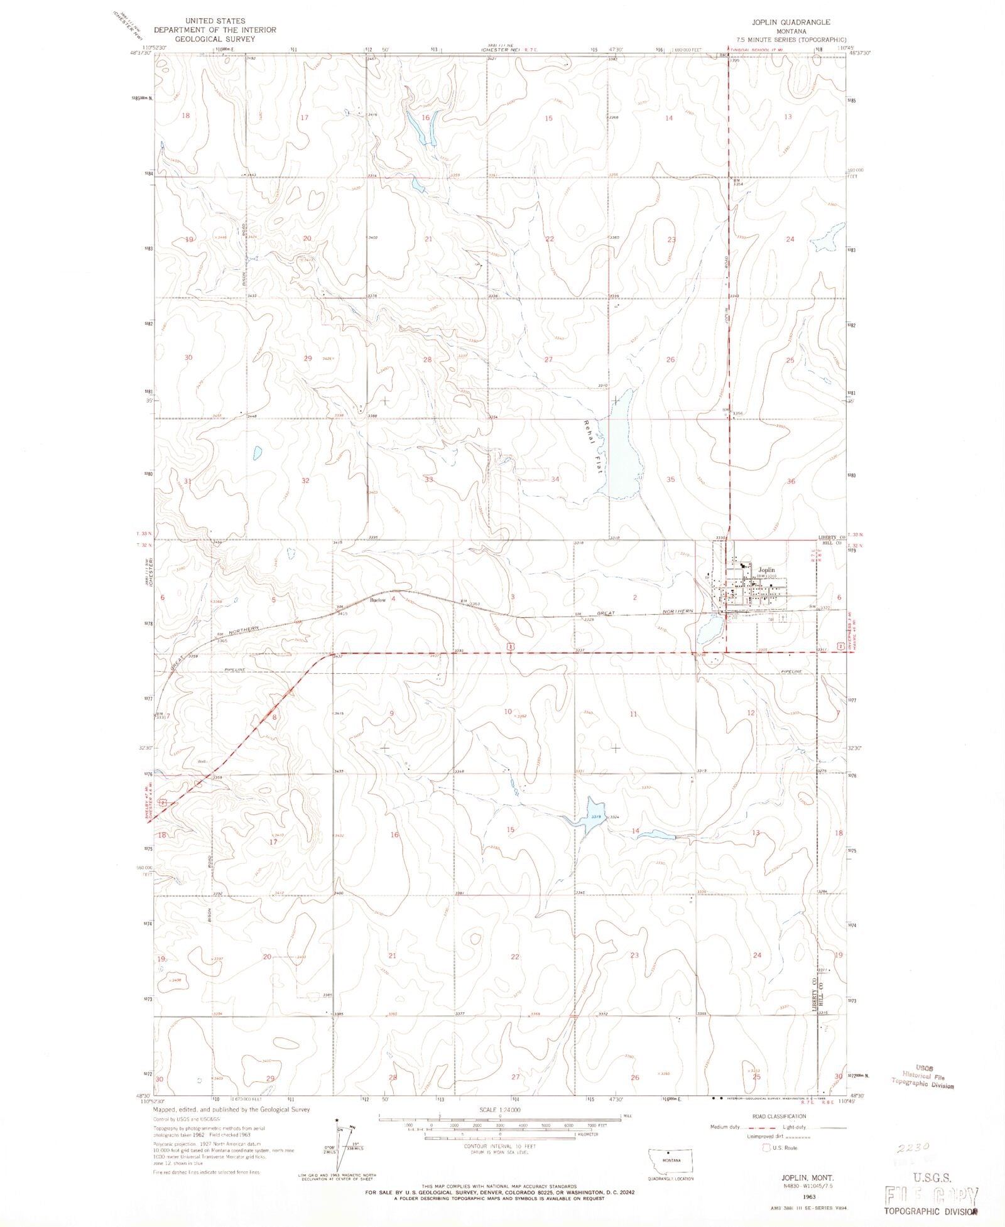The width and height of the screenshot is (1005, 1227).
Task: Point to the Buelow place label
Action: coord(378,600)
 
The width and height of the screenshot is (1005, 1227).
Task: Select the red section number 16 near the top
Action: coord(426,117)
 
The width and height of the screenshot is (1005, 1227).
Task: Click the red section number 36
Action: coord(791,481)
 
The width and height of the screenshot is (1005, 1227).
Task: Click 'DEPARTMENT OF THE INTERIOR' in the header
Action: coord(215,30)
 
